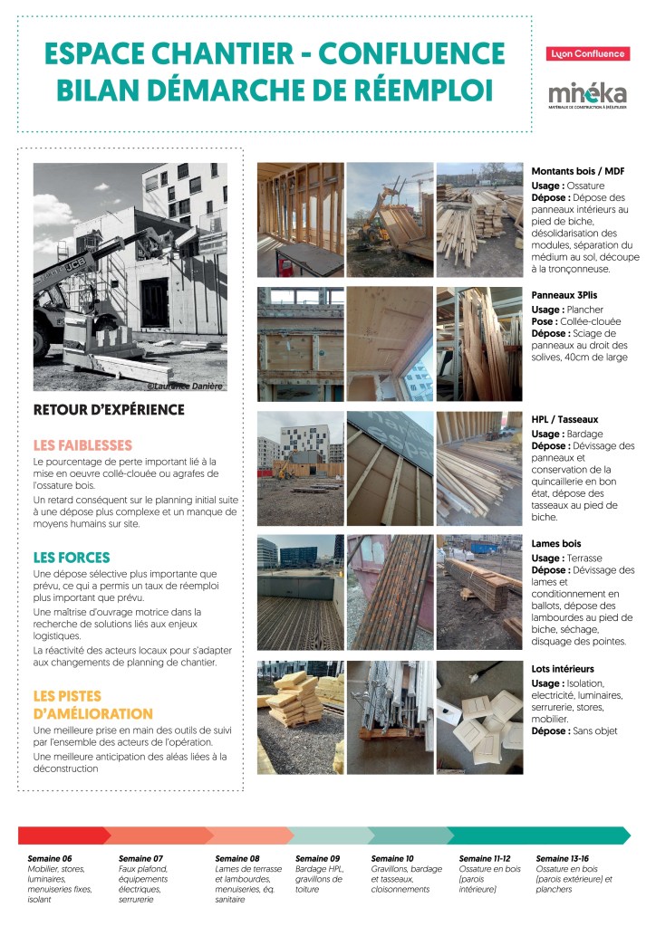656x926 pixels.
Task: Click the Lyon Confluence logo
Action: (x=588, y=53)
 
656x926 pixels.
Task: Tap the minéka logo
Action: (x=587, y=93)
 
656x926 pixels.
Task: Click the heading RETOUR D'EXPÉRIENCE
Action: (x=109, y=410)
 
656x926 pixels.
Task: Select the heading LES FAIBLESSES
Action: (x=82, y=445)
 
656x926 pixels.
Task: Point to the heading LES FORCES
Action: (x=72, y=558)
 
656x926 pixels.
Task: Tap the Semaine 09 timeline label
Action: (x=318, y=858)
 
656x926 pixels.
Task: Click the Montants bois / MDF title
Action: (x=578, y=171)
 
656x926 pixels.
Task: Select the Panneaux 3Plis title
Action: (x=564, y=295)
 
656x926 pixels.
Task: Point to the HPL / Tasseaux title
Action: (x=564, y=419)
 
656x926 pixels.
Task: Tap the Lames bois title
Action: (x=556, y=543)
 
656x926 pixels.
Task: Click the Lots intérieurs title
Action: (x=563, y=668)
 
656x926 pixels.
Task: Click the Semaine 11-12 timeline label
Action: (x=485, y=858)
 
